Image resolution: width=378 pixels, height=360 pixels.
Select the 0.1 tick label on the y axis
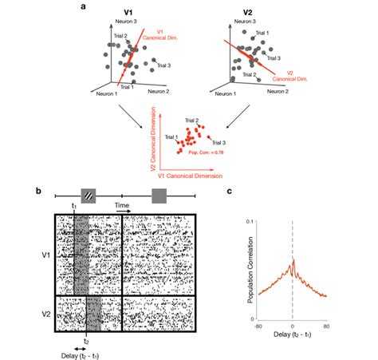(x=247, y=220)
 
